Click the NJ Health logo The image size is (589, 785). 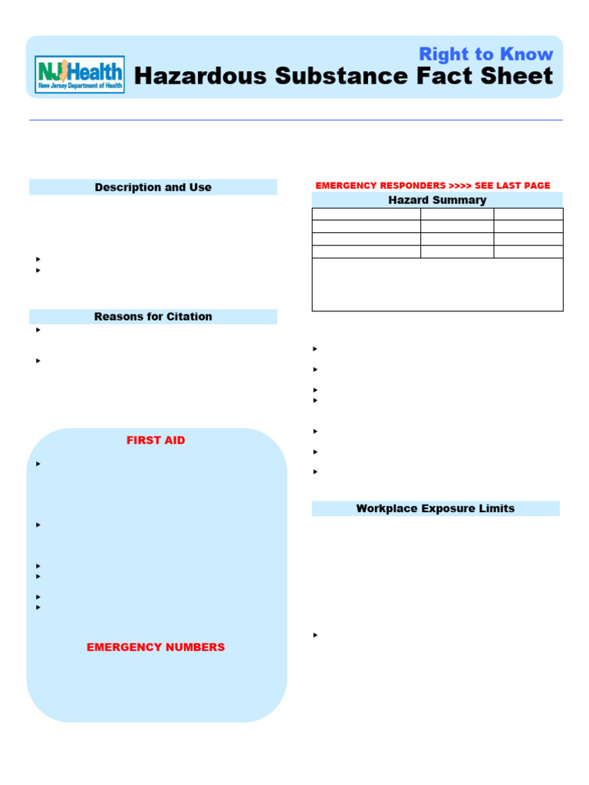click(x=80, y=74)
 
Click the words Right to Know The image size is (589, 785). click(x=485, y=54)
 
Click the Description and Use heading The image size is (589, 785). click(x=153, y=187)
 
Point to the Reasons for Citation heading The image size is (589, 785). click(x=153, y=317)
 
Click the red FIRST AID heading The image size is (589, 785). click(x=156, y=441)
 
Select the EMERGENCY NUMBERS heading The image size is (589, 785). click(x=156, y=647)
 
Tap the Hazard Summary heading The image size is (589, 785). click(x=437, y=200)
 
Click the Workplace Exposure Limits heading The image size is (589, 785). click(x=435, y=508)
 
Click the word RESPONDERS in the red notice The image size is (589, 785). click(x=406, y=186)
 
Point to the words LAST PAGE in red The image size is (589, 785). click(x=523, y=186)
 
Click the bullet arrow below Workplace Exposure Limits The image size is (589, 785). click(x=315, y=636)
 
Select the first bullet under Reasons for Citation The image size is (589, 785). click(x=38, y=330)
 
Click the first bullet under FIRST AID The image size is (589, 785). click(x=38, y=464)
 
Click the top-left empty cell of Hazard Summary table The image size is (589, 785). click(x=366, y=215)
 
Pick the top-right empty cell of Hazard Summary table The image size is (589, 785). click(x=528, y=215)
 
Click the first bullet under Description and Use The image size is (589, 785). click(x=38, y=260)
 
